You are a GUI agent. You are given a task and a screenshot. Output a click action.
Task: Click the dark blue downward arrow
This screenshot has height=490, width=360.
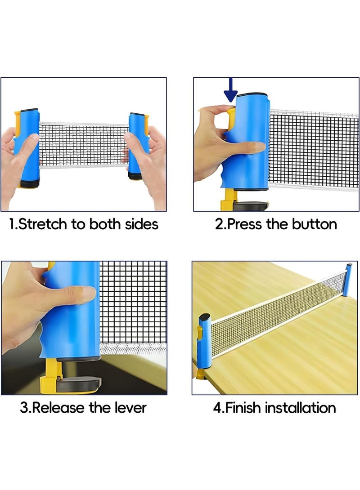coord(230,90)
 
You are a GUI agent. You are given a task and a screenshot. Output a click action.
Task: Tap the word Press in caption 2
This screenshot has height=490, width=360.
coord(244,224)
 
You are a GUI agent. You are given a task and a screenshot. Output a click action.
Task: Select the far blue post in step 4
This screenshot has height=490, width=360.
coord(347,280)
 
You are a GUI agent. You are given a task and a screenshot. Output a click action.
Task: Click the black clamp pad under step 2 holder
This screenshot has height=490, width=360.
coord(251,206)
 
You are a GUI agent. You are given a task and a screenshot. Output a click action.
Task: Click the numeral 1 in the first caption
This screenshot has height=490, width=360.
coord(12,224)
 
